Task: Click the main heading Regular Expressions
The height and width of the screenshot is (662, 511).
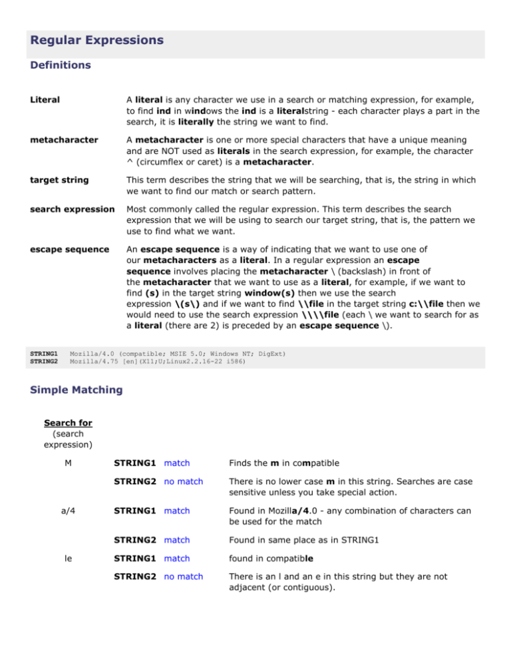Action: [96, 41]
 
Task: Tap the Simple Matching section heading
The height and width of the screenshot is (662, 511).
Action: [77, 389]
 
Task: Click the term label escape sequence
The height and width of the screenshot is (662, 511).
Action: [69, 250]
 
